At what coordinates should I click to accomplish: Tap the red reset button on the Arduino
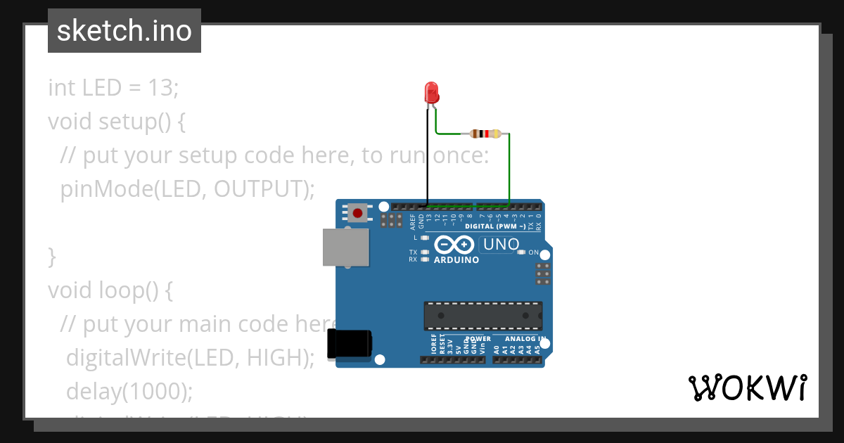pyautogui.click(x=358, y=212)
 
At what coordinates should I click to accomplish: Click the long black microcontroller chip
pyautogui.click(x=482, y=316)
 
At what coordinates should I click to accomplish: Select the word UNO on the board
pyautogui.click(x=500, y=245)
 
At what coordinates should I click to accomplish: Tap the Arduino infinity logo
pyautogui.click(x=454, y=245)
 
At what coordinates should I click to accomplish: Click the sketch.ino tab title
pyautogui.click(x=124, y=31)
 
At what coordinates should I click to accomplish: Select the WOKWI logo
pyautogui.click(x=747, y=387)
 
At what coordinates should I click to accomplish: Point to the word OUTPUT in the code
pyautogui.click(x=260, y=189)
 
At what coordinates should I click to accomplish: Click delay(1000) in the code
pyautogui.click(x=129, y=391)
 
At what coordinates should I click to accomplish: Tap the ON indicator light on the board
pyautogui.click(x=520, y=252)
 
